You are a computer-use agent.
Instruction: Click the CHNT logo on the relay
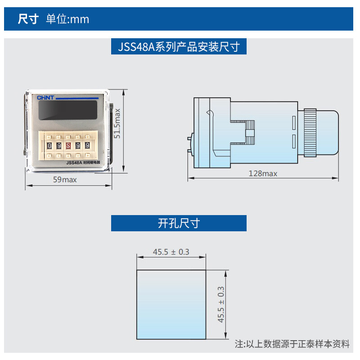45,98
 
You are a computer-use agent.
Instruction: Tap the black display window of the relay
68,110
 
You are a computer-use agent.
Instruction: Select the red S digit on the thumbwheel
68,145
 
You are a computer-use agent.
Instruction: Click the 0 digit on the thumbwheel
49,146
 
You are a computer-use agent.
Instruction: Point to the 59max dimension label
65,180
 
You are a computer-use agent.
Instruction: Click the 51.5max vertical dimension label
117,123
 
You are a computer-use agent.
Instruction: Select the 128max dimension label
263,174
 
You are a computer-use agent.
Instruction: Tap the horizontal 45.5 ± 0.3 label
171,252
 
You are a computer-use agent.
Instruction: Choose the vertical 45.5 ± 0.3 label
220,305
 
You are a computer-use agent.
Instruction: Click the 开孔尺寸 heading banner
179,223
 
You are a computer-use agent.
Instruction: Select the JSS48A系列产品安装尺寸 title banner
179,46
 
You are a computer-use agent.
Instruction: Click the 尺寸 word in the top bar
28,19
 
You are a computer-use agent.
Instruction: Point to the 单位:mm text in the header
67,19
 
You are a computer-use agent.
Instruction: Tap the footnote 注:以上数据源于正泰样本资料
292,344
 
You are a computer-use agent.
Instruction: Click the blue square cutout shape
171,305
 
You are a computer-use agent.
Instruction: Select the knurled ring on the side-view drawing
310,133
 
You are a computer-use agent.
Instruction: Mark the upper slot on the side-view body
294,122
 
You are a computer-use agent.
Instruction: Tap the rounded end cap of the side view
327,133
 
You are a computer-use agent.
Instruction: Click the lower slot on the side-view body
294,141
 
